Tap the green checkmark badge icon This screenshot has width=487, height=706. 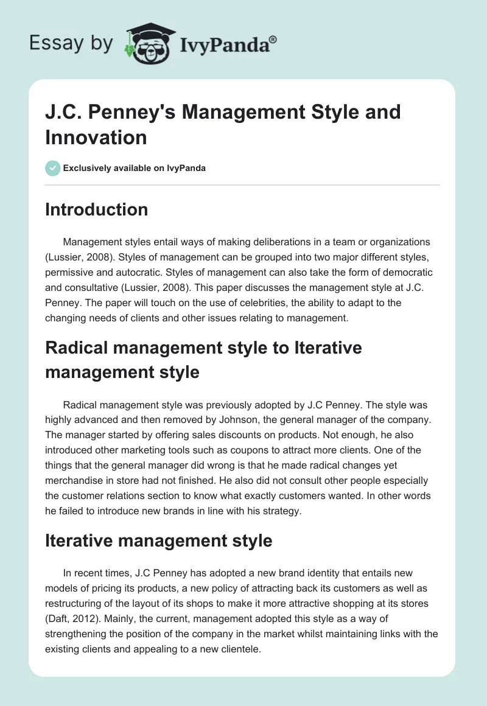click(x=53, y=168)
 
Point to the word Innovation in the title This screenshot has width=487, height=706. click(x=96, y=137)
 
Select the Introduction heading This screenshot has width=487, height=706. click(x=97, y=209)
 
